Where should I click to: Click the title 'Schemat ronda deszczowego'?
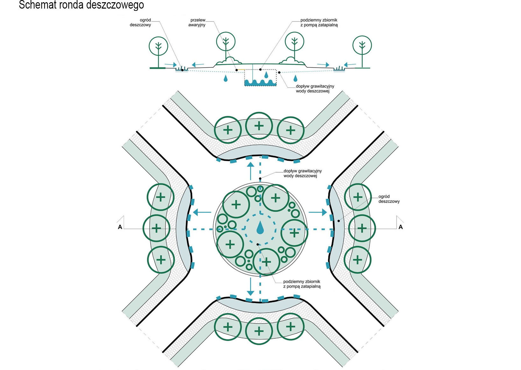click(x=81, y=5)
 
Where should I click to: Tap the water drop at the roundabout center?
click(x=260, y=228)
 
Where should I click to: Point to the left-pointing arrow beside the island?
click(x=202, y=212)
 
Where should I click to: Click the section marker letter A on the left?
click(x=120, y=227)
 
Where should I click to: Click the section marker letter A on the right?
click(x=400, y=227)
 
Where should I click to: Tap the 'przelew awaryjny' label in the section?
click(x=197, y=22)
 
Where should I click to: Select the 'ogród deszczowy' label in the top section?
click(x=140, y=22)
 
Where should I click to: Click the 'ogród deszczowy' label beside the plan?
click(x=389, y=199)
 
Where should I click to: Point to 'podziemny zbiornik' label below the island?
click(x=302, y=284)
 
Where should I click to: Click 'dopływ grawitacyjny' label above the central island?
click(x=302, y=173)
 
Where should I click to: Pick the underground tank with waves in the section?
click(x=260, y=78)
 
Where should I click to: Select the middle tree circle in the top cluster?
click(x=259, y=126)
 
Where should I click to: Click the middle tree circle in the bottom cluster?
click(x=259, y=331)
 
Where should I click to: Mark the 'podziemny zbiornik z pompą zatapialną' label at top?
click(x=319, y=22)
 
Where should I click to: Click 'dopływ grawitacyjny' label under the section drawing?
click(x=315, y=88)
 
